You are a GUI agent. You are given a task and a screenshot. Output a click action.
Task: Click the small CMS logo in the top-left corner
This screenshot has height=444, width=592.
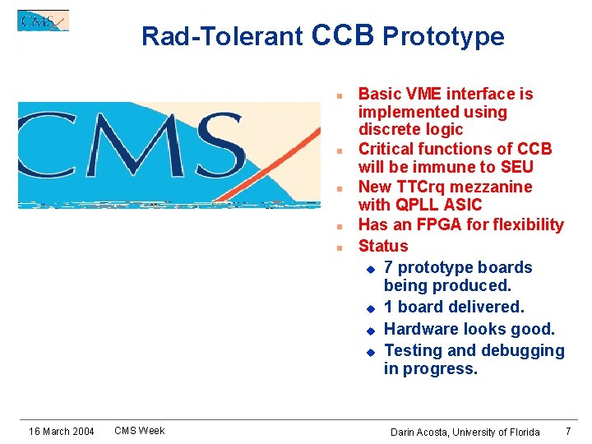pyautogui.click(x=43, y=21)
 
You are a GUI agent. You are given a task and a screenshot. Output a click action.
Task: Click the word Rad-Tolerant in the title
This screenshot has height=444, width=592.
pyautogui.click(x=222, y=36)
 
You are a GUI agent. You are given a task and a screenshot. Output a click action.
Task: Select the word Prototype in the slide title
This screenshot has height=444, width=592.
pyautogui.click(x=443, y=36)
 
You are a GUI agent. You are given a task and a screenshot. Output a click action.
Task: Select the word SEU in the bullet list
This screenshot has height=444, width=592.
pyautogui.click(x=516, y=167)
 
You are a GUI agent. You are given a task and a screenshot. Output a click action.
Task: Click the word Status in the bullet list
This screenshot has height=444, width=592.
pyautogui.click(x=383, y=246)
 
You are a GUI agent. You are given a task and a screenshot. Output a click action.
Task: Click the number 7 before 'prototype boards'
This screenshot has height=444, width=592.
pyautogui.click(x=389, y=267)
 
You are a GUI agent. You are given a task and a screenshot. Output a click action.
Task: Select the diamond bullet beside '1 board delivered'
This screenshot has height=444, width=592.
pyautogui.click(x=370, y=308)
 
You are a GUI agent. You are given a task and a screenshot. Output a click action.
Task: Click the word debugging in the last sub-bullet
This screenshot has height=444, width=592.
pyautogui.click(x=523, y=350)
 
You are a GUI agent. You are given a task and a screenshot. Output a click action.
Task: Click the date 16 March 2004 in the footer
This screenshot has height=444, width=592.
pyautogui.click(x=61, y=432)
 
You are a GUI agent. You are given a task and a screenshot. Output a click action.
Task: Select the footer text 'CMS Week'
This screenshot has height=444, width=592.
pyautogui.click(x=139, y=430)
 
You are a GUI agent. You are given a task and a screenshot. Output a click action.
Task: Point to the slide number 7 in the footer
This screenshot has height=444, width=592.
pyautogui.click(x=568, y=431)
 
